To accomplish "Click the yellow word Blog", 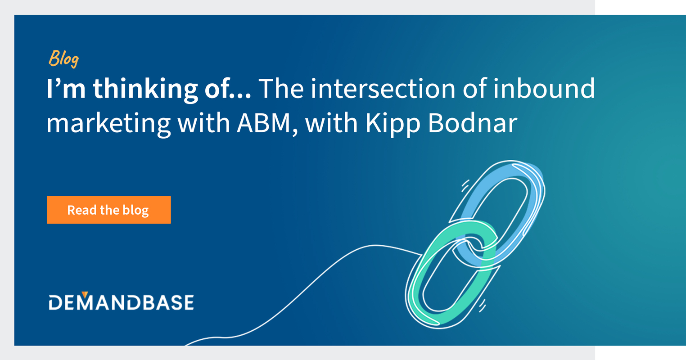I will point(64,58).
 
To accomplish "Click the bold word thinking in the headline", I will point(145,90).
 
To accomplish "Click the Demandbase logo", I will point(121,302).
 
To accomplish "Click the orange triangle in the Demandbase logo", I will point(85,295).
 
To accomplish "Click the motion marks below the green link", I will point(482,306).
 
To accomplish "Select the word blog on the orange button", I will point(135,210).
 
